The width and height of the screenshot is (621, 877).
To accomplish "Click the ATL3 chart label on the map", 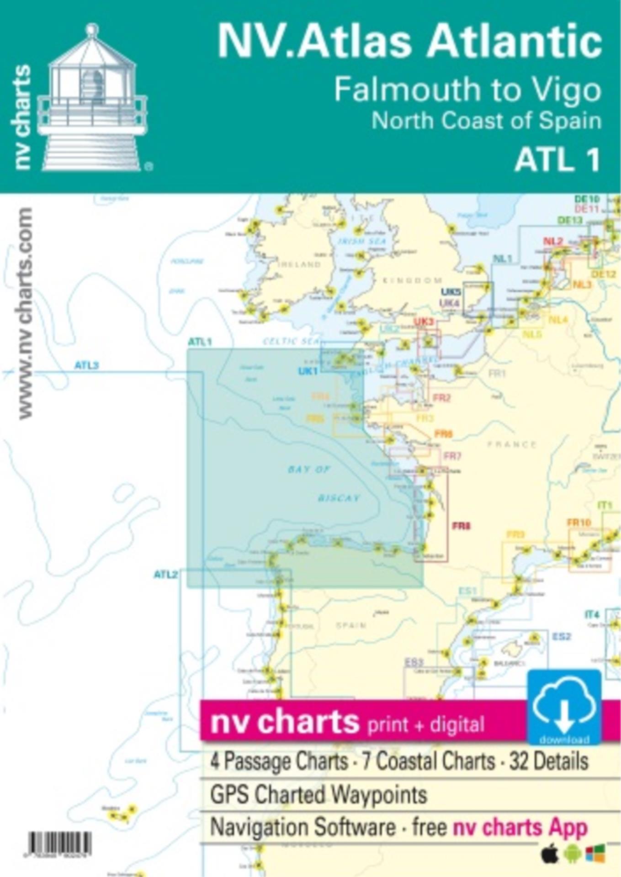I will pos(86,365).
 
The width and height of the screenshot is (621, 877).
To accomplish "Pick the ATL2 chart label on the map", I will pos(165,574).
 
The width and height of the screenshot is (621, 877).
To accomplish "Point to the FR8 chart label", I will pos(461,526).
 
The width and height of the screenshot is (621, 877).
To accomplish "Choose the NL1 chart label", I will pos(502,259).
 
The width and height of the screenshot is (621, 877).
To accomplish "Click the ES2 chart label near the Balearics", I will pos(562,636).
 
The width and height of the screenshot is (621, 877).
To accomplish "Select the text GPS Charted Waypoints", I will pos(318,795).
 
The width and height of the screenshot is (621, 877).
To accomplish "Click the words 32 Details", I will pos(548,761).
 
